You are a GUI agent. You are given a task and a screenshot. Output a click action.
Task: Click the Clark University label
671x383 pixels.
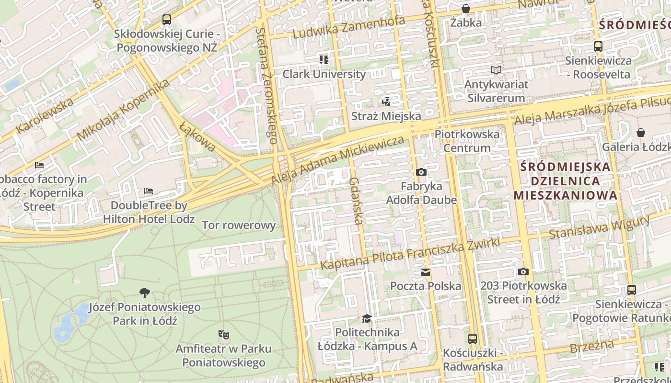pyautogui.click(x=324, y=74)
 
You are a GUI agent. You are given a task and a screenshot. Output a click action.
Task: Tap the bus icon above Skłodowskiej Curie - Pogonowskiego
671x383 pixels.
pyautogui.click(x=166, y=20)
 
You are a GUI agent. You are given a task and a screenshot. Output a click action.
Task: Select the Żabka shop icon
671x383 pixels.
pyautogui.click(x=465, y=9)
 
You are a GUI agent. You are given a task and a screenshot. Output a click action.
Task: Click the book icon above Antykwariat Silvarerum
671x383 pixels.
pyautogui.click(x=496, y=70)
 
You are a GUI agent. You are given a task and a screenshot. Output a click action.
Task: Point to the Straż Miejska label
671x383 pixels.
pyautogui.click(x=386, y=116)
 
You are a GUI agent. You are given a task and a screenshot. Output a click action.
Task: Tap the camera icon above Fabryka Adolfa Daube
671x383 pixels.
pyautogui.click(x=421, y=172)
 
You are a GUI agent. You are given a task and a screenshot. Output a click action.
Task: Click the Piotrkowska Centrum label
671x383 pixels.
pyautogui.click(x=467, y=141)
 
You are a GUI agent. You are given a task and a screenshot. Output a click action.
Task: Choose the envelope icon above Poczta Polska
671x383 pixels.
pyautogui.click(x=425, y=272)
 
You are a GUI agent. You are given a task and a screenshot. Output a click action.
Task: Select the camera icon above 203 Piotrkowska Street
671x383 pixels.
pyautogui.click(x=523, y=272)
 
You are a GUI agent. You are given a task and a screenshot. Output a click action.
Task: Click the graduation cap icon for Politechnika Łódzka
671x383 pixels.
pyautogui.click(x=367, y=318)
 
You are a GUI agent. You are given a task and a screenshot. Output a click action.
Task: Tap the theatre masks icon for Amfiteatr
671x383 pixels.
pyautogui.click(x=223, y=334)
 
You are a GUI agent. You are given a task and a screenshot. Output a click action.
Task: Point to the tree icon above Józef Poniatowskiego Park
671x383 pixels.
pyautogui.click(x=144, y=293)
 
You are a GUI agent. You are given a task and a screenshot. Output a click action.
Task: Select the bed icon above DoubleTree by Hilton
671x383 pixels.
pyautogui.click(x=149, y=191)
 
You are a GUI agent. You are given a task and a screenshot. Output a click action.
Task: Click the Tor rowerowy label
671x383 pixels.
pyautogui.click(x=239, y=225)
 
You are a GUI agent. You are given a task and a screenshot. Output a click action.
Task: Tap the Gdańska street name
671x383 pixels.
pyautogui.click(x=355, y=201)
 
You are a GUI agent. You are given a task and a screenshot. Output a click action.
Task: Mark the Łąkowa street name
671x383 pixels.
pyautogui.click(x=197, y=136)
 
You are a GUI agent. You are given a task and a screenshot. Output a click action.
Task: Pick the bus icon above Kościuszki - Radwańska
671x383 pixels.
pyautogui.click(x=473, y=339)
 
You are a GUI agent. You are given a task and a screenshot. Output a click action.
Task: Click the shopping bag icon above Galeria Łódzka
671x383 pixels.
pyautogui.click(x=640, y=133)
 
